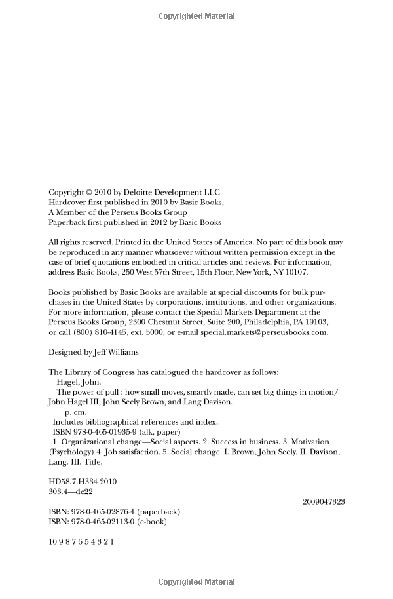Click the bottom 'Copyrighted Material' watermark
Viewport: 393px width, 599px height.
click(x=196, y=581)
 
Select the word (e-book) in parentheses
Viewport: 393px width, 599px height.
click(x=151, y=522)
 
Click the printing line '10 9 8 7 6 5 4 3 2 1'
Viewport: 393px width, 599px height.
click(x=82, y=543)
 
